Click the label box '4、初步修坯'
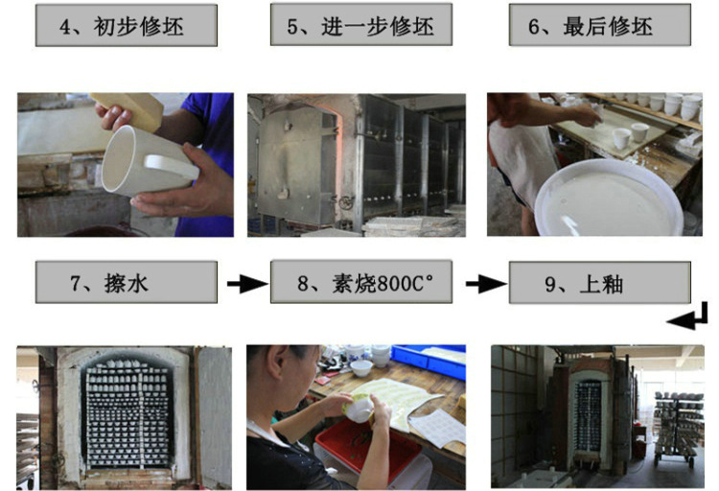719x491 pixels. tap(127, 25)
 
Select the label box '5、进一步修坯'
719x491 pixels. tap(360, 24)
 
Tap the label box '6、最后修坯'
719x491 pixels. tap(600, 25)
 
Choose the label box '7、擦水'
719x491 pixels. tap(127, 282)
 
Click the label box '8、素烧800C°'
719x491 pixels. tap(360, 282)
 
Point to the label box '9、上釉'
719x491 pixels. tap(600, 283)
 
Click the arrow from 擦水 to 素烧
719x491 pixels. tap(247, 284)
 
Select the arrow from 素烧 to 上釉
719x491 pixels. tap(486, 284)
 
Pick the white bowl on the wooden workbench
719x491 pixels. tap(361, 368)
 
